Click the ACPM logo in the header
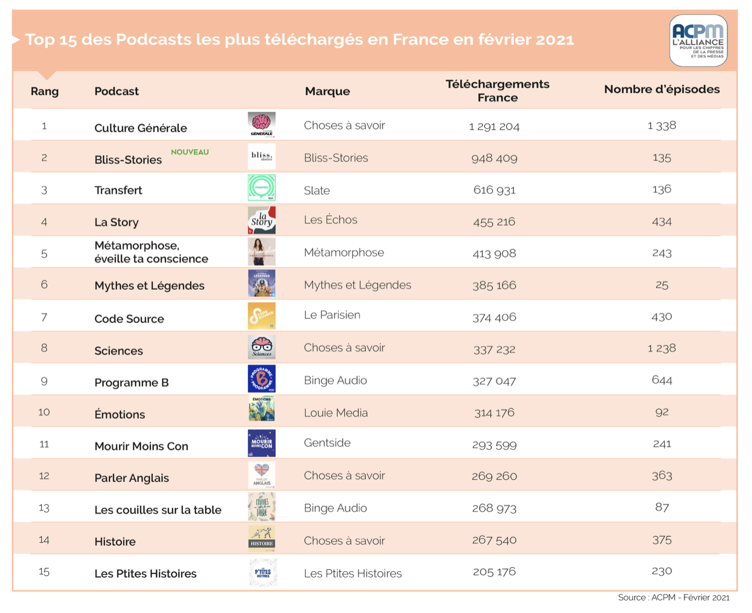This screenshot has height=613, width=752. (x=698, y=41)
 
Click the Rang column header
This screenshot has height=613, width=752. (x=45, y=91)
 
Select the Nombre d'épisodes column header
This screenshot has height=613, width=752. (x=662, y=90)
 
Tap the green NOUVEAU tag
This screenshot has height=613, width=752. (x=190, y=152)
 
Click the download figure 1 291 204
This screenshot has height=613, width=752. (x=494, y=127)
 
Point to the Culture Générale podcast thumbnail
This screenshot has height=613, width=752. (x=262, y=125)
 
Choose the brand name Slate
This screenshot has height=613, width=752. (x=317, y=191)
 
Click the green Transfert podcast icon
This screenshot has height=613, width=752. (x=262, y=188)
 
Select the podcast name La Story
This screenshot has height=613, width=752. (x=116, y=222)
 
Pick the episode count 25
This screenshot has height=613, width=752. (x=662, y=285)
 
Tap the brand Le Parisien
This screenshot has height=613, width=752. (x=332, y=315)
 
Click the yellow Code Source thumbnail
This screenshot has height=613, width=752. (x=262, y=316)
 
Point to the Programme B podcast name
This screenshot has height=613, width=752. (x=131, y=383)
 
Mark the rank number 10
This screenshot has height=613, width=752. (x=44, y=412)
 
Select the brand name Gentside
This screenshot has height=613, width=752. (x=327, y=443)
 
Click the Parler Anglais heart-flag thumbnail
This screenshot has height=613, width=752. (x=262, y=475)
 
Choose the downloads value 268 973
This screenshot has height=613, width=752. (x=494, y=508)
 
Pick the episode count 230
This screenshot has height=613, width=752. (x=662, y=571)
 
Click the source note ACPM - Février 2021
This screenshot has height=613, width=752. (x=674, y=597)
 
